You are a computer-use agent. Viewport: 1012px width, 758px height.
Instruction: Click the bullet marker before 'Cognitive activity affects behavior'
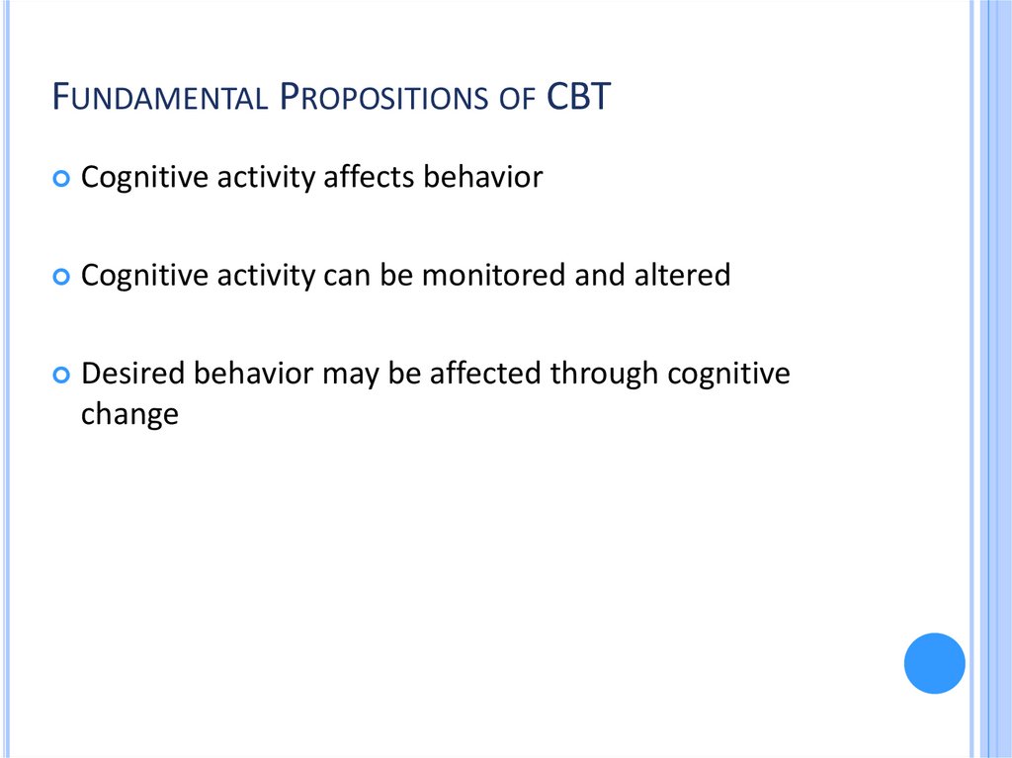(62, 179)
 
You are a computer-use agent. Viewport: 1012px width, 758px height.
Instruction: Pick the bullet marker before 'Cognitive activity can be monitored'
(62, 277)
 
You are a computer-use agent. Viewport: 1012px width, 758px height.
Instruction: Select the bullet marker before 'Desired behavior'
(62, 376)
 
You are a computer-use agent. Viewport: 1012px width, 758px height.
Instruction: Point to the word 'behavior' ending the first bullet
(482, 177)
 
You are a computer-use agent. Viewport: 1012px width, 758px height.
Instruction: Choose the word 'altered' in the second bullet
(685, 275)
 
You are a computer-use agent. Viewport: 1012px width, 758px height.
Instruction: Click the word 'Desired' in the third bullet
(133, 374)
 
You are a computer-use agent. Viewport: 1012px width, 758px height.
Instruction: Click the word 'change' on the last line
(129, 414)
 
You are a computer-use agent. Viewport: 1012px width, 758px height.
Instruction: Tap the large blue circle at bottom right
(934, 663)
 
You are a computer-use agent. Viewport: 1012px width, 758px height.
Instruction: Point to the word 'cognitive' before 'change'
(729, 374)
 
